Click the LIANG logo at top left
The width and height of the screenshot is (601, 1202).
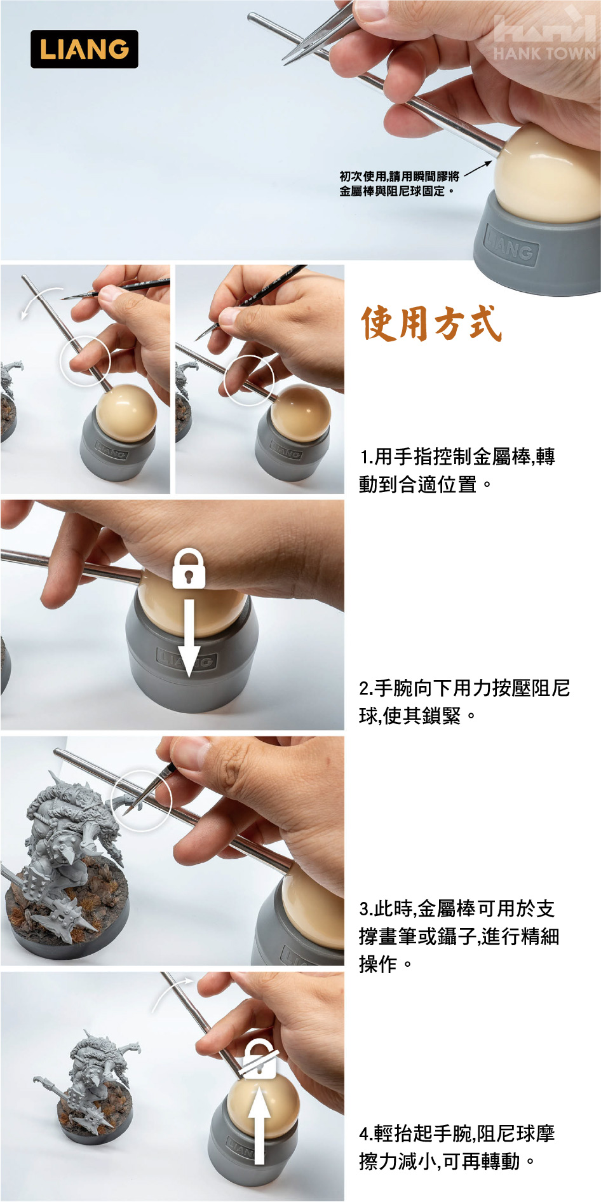pos(84,49)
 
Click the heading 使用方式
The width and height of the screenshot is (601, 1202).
pos(431,324)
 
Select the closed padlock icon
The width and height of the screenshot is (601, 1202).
pos(189,568)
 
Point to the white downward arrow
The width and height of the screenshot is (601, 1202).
pos(189,632)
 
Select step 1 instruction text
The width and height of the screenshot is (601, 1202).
pos(457,470)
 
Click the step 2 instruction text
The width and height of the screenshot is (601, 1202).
pos(464,702)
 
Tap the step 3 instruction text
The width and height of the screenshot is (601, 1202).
pos(459,936)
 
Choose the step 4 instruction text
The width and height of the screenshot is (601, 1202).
pos(457,1147)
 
